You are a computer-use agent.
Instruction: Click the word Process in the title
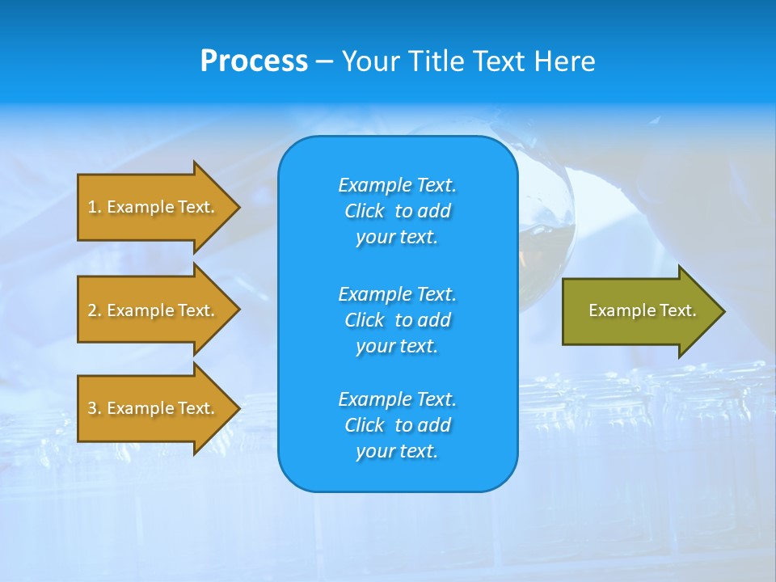point(254,61)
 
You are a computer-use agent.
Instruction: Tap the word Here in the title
point(564,61)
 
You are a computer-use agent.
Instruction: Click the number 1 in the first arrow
point(92,207)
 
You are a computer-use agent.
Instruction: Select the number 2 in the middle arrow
point(92,310)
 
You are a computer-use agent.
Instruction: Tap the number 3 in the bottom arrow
point(92,408)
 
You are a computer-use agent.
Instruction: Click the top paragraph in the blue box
point(397,211)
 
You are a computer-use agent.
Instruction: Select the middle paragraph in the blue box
point(397,320)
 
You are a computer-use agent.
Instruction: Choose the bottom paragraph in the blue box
point(397,425)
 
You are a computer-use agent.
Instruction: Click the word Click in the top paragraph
point(364,211)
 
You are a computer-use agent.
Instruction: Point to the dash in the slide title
point(324,61)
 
